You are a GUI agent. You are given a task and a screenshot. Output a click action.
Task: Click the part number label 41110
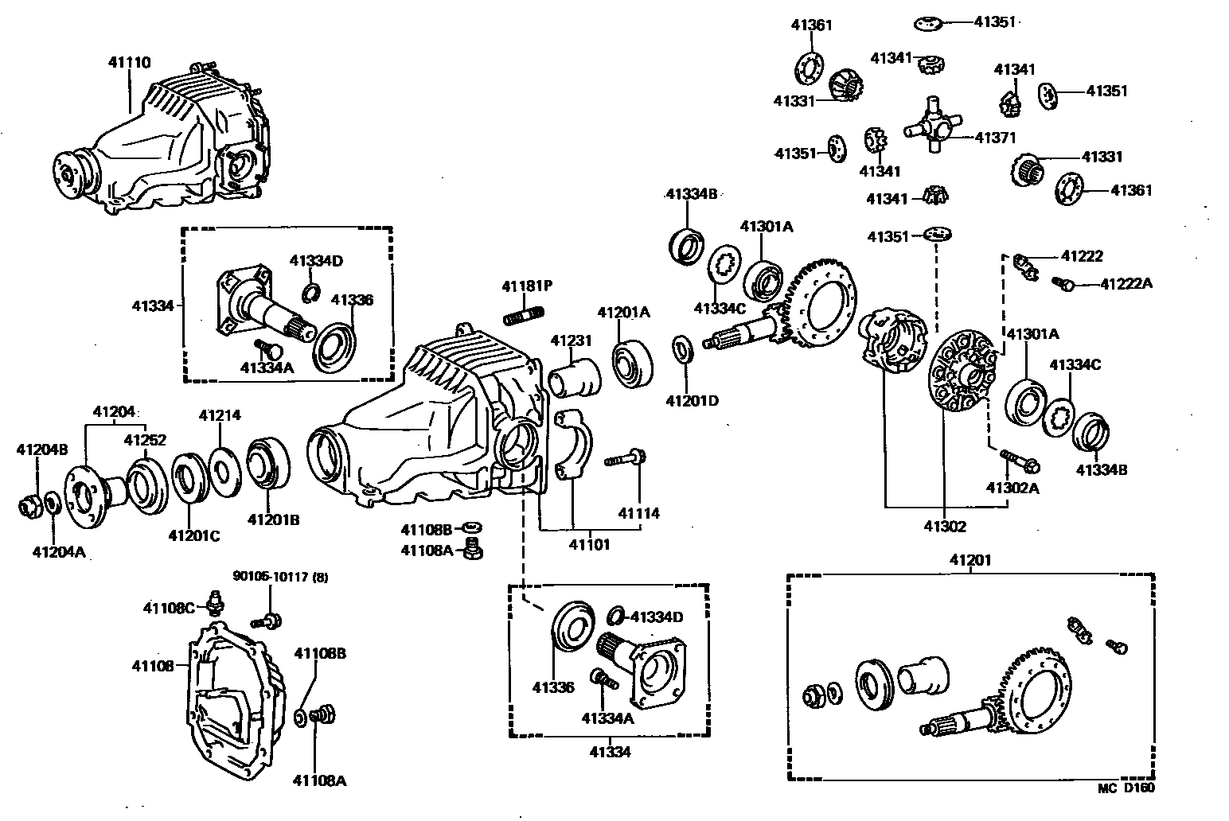click(x=130, y=62)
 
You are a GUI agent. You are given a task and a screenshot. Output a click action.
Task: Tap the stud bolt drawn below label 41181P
click(x=523, y=315)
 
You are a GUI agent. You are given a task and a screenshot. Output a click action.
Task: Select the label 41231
click(x=571, y=340)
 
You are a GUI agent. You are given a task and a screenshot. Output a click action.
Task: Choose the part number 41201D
click(x=691, y=400)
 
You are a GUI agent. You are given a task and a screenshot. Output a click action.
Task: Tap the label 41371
click(x=995, y=138)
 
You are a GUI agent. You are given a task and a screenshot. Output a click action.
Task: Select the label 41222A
click(x=1126, y=283)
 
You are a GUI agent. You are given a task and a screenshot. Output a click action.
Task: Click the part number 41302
click(x=945, y=526)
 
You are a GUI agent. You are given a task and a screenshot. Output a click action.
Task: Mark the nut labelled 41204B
click(x=30, y=504)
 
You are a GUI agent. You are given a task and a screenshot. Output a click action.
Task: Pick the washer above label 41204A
click(x=52, y=503)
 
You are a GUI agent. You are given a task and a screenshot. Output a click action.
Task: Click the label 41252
click(x=145, y=439)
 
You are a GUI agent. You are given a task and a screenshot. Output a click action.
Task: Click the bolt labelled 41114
click(x=626, y=458)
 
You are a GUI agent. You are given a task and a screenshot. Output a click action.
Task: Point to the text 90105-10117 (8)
click(x=279, y=576)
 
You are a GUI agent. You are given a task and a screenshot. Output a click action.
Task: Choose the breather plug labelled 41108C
click(x=213, y=603)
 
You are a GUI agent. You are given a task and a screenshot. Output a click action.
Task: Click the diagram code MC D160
click(x=1126, y=788)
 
